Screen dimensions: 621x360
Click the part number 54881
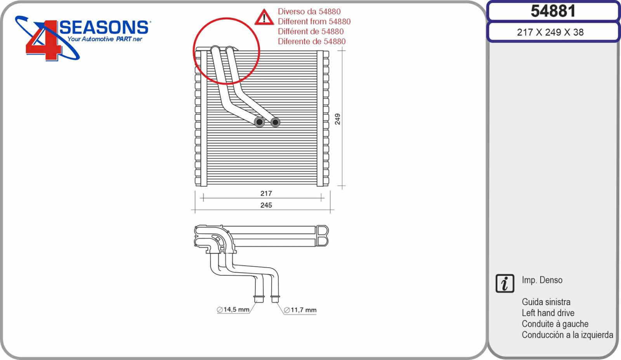(553, 11)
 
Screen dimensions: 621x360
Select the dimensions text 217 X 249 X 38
(550, 33)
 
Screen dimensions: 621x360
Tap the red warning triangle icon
(264, 17)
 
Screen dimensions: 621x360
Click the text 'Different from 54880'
(314, 21)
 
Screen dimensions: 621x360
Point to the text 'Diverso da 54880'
(309, 11)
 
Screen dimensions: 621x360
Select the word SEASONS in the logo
(104, 27)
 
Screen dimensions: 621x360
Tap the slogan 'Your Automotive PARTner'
(105, 39)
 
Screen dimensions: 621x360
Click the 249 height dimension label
(337, 119)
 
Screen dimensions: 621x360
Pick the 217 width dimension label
(266, 193)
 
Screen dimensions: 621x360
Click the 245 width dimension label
(266, 205)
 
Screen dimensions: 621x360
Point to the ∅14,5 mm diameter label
(233, 310)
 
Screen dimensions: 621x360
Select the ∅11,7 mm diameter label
(300, 310)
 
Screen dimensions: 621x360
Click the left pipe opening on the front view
(259, 122)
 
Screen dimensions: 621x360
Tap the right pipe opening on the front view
(275, 122)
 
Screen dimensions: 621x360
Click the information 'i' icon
(505, 283)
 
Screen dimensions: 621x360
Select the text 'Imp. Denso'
(542, 280)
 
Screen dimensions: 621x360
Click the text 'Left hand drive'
(548, 313)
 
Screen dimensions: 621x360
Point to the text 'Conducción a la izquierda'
(567, 335)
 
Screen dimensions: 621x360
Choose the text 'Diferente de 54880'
(312, 41)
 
